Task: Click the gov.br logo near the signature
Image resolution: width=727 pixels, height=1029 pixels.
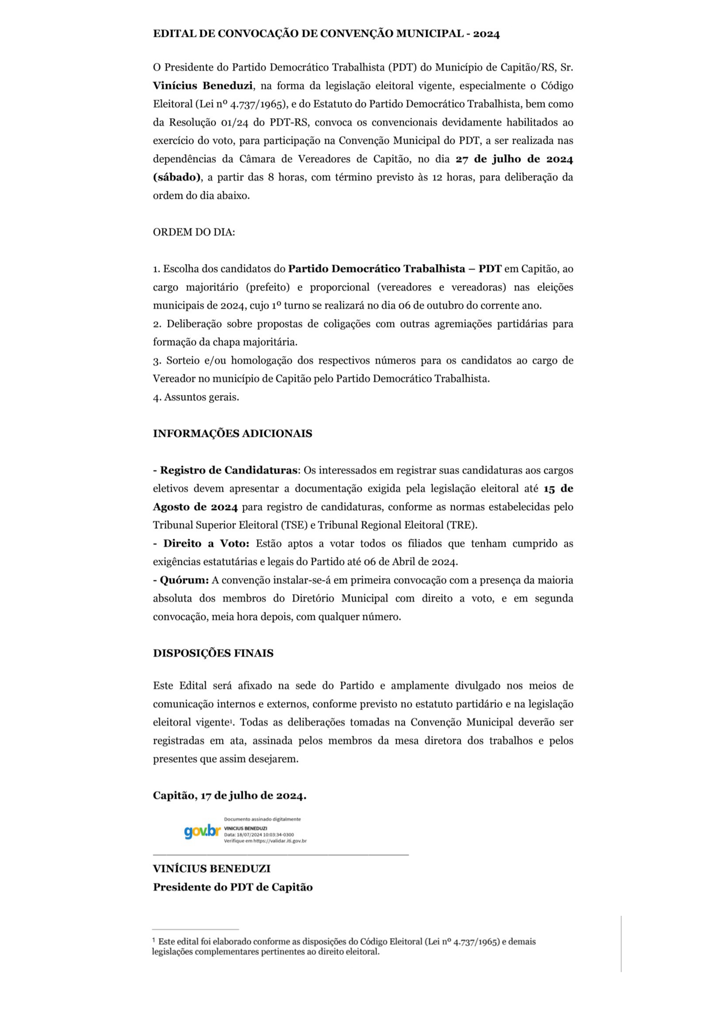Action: coord(202,832)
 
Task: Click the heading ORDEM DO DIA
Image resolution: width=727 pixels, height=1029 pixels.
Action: coord(194,232)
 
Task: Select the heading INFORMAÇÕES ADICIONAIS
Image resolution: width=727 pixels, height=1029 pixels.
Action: coord(232,433)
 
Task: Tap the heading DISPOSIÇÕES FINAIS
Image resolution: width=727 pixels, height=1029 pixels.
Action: coord(213,653)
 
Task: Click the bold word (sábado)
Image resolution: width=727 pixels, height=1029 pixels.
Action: coord(176,177)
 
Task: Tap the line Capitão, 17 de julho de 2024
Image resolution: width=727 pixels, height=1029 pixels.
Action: coord(229,796)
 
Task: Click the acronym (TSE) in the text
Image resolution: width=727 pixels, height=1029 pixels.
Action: coord(292,525)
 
